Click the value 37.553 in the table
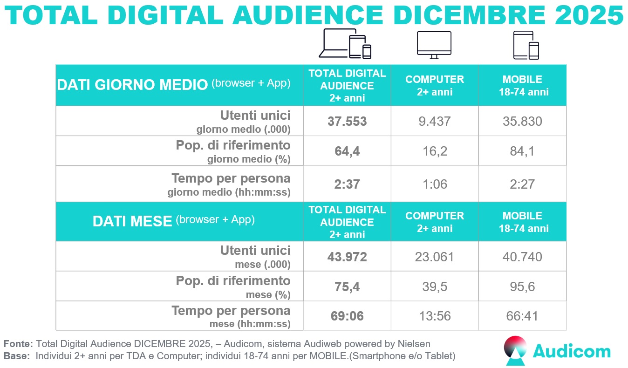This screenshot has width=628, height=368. (347, 122)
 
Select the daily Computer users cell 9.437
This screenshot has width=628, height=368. (434, 122)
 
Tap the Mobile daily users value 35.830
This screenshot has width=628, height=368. (522, 122)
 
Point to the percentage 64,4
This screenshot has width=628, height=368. (347, 151)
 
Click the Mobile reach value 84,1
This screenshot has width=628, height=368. (522, 151)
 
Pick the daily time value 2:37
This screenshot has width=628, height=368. (347, 184)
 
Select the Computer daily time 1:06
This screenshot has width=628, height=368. (434, 184)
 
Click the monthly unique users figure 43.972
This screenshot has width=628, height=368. (347, 257)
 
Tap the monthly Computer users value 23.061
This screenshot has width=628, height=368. (434, 257)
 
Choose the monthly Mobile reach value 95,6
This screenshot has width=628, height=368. (522, 286)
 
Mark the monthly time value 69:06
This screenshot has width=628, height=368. (347, 316)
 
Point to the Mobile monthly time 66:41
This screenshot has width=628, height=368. (522, 316)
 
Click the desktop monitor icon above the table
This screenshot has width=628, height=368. (434, 45)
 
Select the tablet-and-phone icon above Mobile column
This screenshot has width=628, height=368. (526, 45)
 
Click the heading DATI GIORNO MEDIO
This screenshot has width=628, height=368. (132, 85)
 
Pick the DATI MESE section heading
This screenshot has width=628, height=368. (132, 221)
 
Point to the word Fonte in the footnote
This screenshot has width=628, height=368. (18, 344)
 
